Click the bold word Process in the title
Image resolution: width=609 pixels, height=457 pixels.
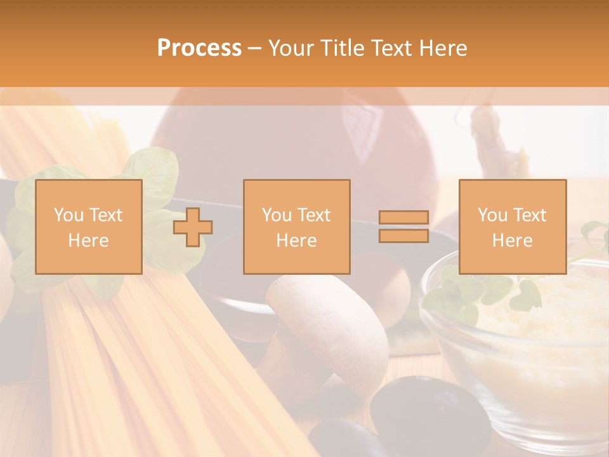tap(199, 48)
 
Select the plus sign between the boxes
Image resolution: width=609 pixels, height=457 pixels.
tap(193, 227)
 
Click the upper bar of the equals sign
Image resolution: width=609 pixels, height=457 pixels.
tap(403, 218)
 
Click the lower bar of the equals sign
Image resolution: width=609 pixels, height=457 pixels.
tap(403, 235)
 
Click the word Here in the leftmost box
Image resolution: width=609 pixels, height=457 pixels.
tap(88, 241)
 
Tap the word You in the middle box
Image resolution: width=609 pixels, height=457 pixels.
tap(277, 215)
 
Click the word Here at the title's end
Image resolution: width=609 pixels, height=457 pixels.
tap(443, 48)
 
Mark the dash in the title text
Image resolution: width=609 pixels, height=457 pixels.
tap(255, 48)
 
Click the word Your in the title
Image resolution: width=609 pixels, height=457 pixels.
tap(291, 48)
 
